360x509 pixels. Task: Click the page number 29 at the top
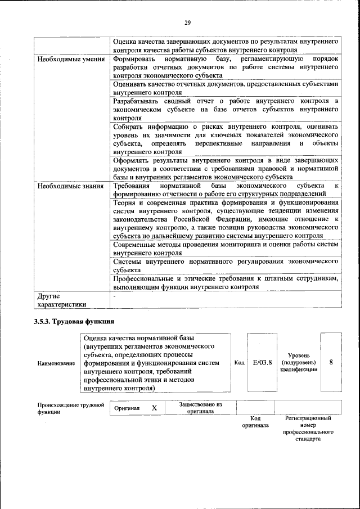pyautogui.click(x=188, y=22)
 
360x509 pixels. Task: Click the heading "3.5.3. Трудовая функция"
pyautogui.click(x=76, y=322)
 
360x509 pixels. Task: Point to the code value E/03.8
pyautogui.click(x=263, y=363)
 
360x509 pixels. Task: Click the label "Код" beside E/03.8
pyautogui.click(x=239, y=363)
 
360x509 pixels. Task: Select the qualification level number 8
pyautogui.click(x=331, y=363)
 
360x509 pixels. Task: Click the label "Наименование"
pyautogui.click(x=56, y=364)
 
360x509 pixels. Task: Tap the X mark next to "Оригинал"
pyautogui.click(x=154, y=408)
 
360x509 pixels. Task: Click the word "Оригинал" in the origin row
pyautogui.click(x=127, y=408)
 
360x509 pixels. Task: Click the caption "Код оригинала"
pyautogui.click(x=255, y=422)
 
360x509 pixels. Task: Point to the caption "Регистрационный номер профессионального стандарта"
pyautogui.click(x=308, y=429)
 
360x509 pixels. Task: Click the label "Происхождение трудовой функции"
pyautogui.click(x=71, y=408)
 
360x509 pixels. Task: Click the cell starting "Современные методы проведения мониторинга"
pyautogui.click(x=226, y=249)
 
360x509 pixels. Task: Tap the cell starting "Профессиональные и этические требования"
pyautogui.click(x=226, y=282)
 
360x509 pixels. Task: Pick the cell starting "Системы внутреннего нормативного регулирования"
pyautogui.click(x=226, y=265)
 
